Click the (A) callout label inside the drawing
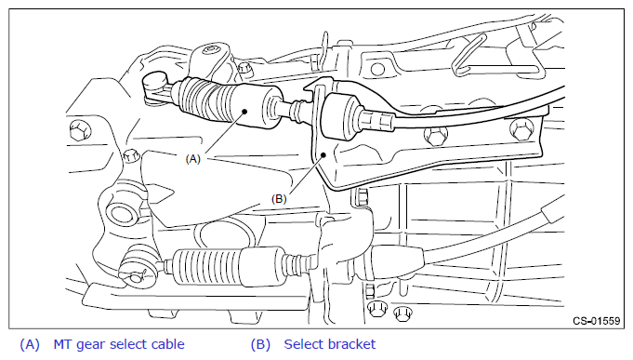[192, 159]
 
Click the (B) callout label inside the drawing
[279, 199]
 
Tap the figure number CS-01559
[596, 321]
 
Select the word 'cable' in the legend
[167, 344]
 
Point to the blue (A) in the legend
[30, 344]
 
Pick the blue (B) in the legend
[260, 344]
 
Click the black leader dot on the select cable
[244, 112]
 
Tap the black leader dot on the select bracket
[323, 154]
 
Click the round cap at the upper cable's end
[155, 80]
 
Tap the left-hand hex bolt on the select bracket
[435, 136]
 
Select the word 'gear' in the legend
[91, 345]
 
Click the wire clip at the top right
[468, 55]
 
